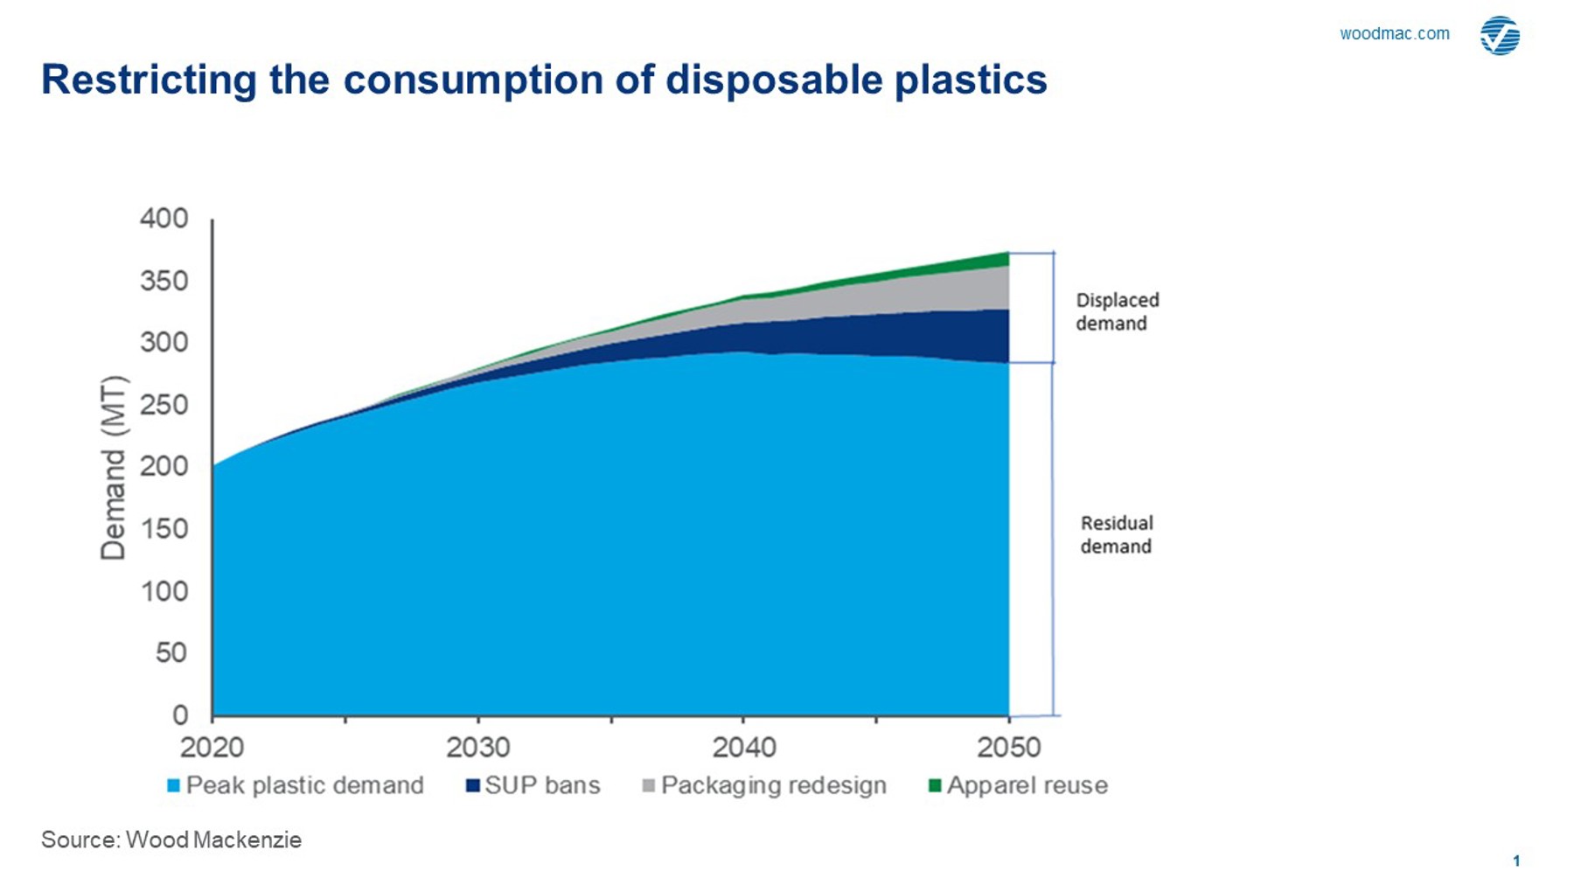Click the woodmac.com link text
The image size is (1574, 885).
(x=1394, y=34)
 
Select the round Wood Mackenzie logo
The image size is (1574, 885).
(x=1500, y=36)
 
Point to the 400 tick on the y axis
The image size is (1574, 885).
(x=164, y=219)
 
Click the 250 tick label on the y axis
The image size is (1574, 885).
(x=164, y=405)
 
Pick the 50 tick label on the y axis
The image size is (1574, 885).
(x=171, y=652)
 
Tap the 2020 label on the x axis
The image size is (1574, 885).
(x=212, y=748)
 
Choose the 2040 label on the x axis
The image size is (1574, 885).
(x=743, y=748)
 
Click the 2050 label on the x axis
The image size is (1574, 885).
(x=1008, y=748)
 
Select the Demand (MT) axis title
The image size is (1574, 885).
(x=114, y=468)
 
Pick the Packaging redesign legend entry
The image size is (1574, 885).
(x=765, y=785)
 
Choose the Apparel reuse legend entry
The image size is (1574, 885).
(x=1019, y=785)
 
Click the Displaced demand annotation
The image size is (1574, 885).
(x=1117, y=311)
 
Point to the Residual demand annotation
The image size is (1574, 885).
(x=1116, y=534)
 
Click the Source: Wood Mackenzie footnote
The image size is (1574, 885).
(x=171, y=840)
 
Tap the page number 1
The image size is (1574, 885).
(x=1516, y=861)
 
